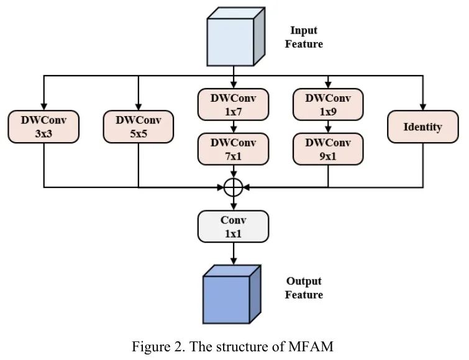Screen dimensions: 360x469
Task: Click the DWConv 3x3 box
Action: (43, 127)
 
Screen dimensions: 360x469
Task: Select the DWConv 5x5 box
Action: (138, 127)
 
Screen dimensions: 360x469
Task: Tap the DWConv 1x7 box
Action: (233, 104)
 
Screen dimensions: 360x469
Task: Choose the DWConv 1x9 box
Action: (328, 104)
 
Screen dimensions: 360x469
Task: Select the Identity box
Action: (422, 127)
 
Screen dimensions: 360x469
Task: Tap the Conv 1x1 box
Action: (233, 226)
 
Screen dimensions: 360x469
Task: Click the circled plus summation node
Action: (233, 186)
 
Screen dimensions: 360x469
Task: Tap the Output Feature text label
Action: (304, 288)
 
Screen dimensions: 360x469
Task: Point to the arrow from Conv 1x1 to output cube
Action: (233, 253)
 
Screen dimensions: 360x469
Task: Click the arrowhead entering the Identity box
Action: (422, 107)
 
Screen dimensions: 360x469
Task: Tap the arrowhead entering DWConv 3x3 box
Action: (43, 107)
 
